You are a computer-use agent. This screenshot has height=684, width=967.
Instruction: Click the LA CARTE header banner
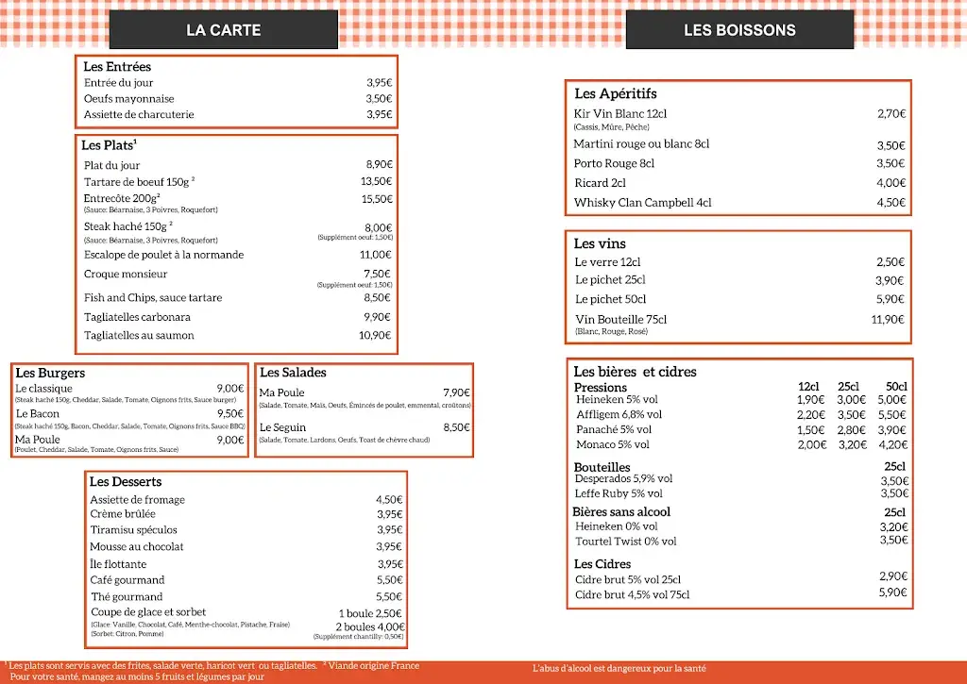(x=224, y=30)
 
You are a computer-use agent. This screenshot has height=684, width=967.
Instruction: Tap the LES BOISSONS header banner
(x=739, y=30)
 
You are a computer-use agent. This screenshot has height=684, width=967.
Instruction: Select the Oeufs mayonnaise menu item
(x=128, y=99)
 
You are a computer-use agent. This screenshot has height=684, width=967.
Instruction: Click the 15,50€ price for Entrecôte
(x=377, y=199)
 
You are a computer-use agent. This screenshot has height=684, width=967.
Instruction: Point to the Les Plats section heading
(x=109, y=145)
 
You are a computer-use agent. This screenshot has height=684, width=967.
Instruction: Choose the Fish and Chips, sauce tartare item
(x=153, y=298)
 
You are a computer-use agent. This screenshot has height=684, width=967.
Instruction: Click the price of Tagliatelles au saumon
(x=376, y=336)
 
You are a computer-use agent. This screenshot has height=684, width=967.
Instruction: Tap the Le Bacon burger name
(x=38, y=414)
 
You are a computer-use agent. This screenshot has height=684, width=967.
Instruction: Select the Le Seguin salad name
(x=282, y=427)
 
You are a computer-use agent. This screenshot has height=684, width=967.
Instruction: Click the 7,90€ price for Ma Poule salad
(x=456, y=392)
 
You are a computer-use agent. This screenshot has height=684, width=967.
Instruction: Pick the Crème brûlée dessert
(x=123, y=515)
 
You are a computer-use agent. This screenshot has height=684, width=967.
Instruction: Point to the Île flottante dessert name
(x=118, y=564)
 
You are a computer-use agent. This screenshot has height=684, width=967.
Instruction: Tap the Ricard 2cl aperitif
(x=600, y=183)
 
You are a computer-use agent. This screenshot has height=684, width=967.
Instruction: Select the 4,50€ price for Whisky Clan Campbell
(x=891, y=203)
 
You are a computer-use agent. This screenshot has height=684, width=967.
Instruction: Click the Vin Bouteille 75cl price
(x=888, y=320)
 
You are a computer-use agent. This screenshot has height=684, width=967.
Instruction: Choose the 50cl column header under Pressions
(x=895, y=387)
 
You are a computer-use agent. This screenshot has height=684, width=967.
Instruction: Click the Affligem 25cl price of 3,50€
(x=851, y=414)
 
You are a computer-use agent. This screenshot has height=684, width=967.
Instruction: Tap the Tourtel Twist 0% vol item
(x=626, y=542)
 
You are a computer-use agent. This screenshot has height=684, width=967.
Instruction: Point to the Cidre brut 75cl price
(x=892, y=592)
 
